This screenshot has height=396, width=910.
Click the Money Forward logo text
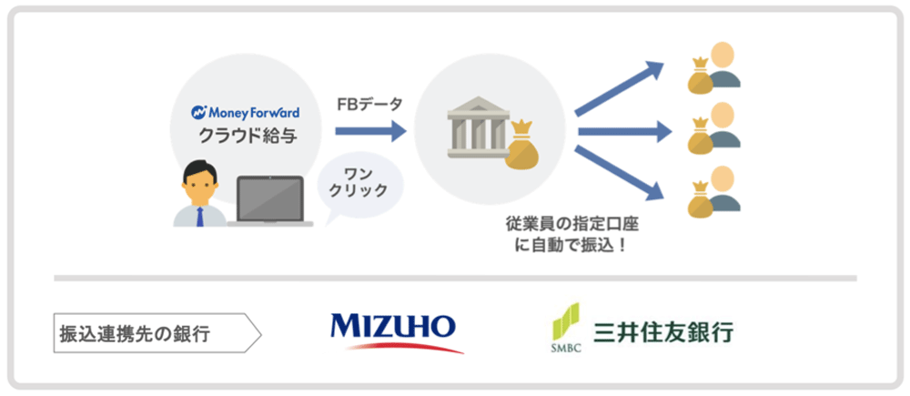[245, 113]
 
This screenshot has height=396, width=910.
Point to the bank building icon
[475, 132]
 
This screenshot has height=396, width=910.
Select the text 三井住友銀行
[662, 330]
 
